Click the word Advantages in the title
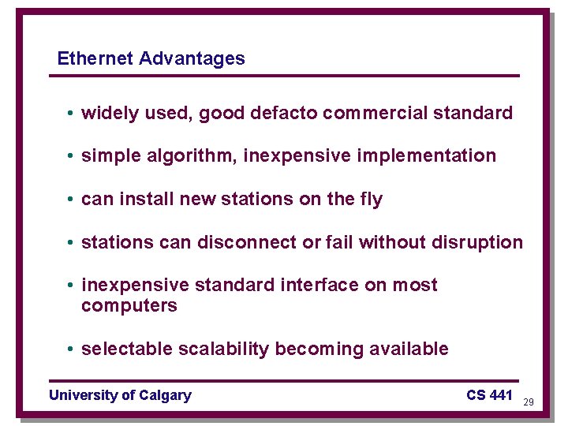pos(192,58)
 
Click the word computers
pos(129,306)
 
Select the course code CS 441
pos(489,395)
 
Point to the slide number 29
pos(529,402)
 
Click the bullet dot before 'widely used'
pos(70,114)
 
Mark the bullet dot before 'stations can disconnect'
pos(70,242)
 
